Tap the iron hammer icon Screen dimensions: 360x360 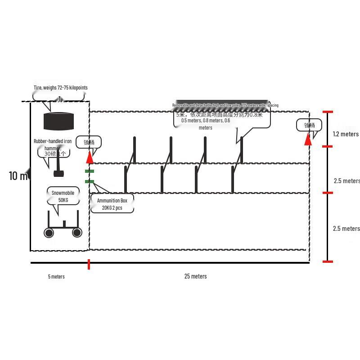(58, 172)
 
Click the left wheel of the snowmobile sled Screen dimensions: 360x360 (49, 233)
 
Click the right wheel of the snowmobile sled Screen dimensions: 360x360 (77, 232)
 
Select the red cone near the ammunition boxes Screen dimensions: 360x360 (90, 157)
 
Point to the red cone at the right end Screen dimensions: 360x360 (308, 139)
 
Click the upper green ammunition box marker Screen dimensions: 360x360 (90, 171)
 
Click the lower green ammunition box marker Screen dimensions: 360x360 (90, 182)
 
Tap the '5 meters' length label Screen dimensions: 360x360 (56, 276)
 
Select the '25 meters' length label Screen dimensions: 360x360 (195, 276)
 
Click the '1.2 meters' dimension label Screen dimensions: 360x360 (346, 134)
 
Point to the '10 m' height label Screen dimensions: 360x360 (18, 176)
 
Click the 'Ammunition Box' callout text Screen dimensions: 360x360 (112, 201)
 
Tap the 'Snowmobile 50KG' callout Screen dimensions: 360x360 (63, 196)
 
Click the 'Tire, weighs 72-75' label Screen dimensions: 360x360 (60, 88)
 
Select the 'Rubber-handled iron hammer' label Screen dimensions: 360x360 (53, 144)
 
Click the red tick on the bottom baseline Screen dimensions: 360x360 (89, 264)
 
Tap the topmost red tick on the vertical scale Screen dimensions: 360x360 (328, 112)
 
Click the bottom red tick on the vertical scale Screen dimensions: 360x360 (328, 261)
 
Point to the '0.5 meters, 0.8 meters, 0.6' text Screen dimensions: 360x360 (205, 121)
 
